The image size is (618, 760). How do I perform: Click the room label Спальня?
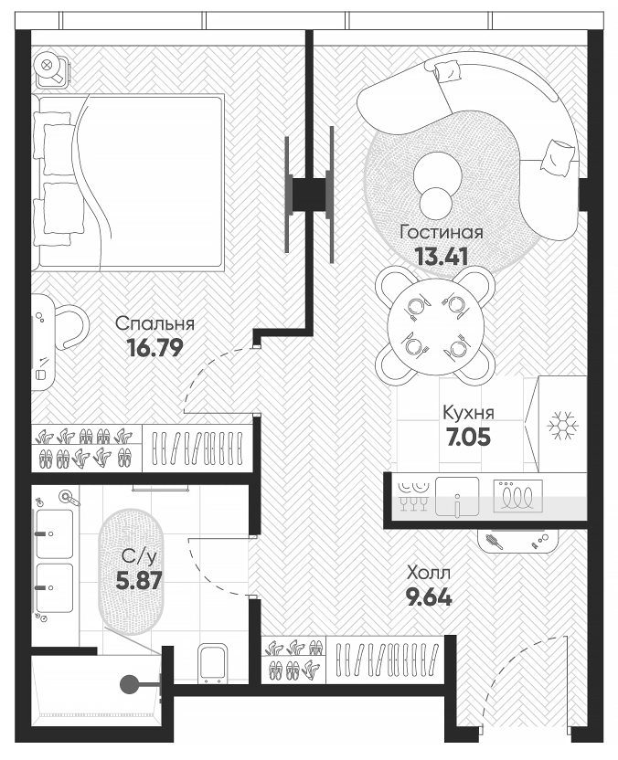point(154,323)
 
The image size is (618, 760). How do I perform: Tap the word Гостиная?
point(442,232)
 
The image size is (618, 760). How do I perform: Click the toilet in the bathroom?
point(213,663)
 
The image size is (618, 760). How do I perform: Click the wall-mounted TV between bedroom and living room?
point(309,193)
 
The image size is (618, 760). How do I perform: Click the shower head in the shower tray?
point(131,681)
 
